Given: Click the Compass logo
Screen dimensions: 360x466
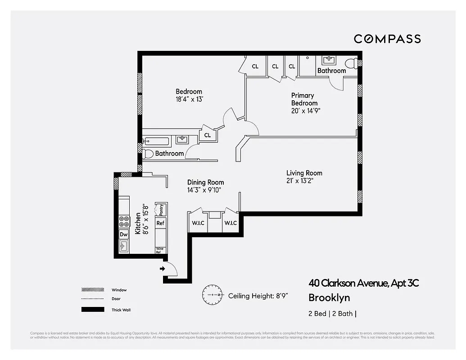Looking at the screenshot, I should pyautogui.click(x=387, y=39).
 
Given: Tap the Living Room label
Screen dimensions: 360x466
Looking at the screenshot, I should pyautogui.click(x=304, y=173).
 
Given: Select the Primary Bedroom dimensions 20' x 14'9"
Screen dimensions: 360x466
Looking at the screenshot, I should pyautogui.click(x=306, y=111).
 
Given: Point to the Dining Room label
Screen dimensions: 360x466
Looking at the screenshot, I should pyautogui.click(x=205, y=182).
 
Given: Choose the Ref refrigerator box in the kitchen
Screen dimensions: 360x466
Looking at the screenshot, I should pyautogui.click(x=160, y=223).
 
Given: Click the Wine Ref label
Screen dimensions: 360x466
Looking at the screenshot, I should pyautogui.click(x=159, y=250).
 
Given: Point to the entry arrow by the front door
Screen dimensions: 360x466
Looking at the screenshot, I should pyautogui.click(x=162, y=269).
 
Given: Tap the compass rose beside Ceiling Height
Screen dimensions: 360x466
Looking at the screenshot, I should pyautogui.click(x=212, y=295).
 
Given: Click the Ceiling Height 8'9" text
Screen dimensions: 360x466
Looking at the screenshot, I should pyautogui.click(x=258, y=296).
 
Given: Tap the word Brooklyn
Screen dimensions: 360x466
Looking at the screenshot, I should pyautogui.click(x=329, y=297).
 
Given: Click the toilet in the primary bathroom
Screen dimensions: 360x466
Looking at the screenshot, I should pyautogui.click(x=350, y=63).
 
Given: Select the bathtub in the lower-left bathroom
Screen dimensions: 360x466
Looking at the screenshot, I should pyautogui.click(x=156, y=141).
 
